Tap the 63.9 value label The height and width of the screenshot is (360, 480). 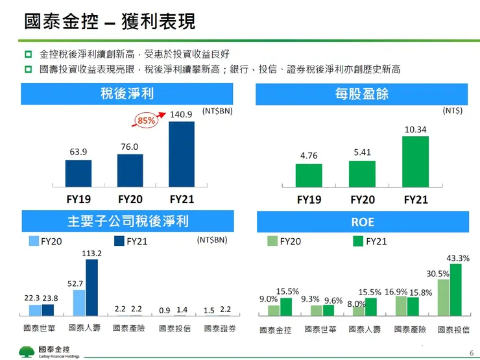pos(78,152)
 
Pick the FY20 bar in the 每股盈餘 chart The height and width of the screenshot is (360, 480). pos(362,173)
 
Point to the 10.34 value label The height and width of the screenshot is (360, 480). pos(415,130)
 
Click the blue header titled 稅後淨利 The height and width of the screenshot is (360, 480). pos(127,95)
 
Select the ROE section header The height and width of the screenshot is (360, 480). pos(363,222)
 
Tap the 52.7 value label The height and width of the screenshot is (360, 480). pos(76,283)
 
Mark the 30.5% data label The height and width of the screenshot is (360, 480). pos(438,274)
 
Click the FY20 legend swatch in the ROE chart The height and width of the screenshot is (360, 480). pos(272,241)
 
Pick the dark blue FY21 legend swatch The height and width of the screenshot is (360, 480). pos(119,241)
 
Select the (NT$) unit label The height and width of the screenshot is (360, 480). pos(452,111)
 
